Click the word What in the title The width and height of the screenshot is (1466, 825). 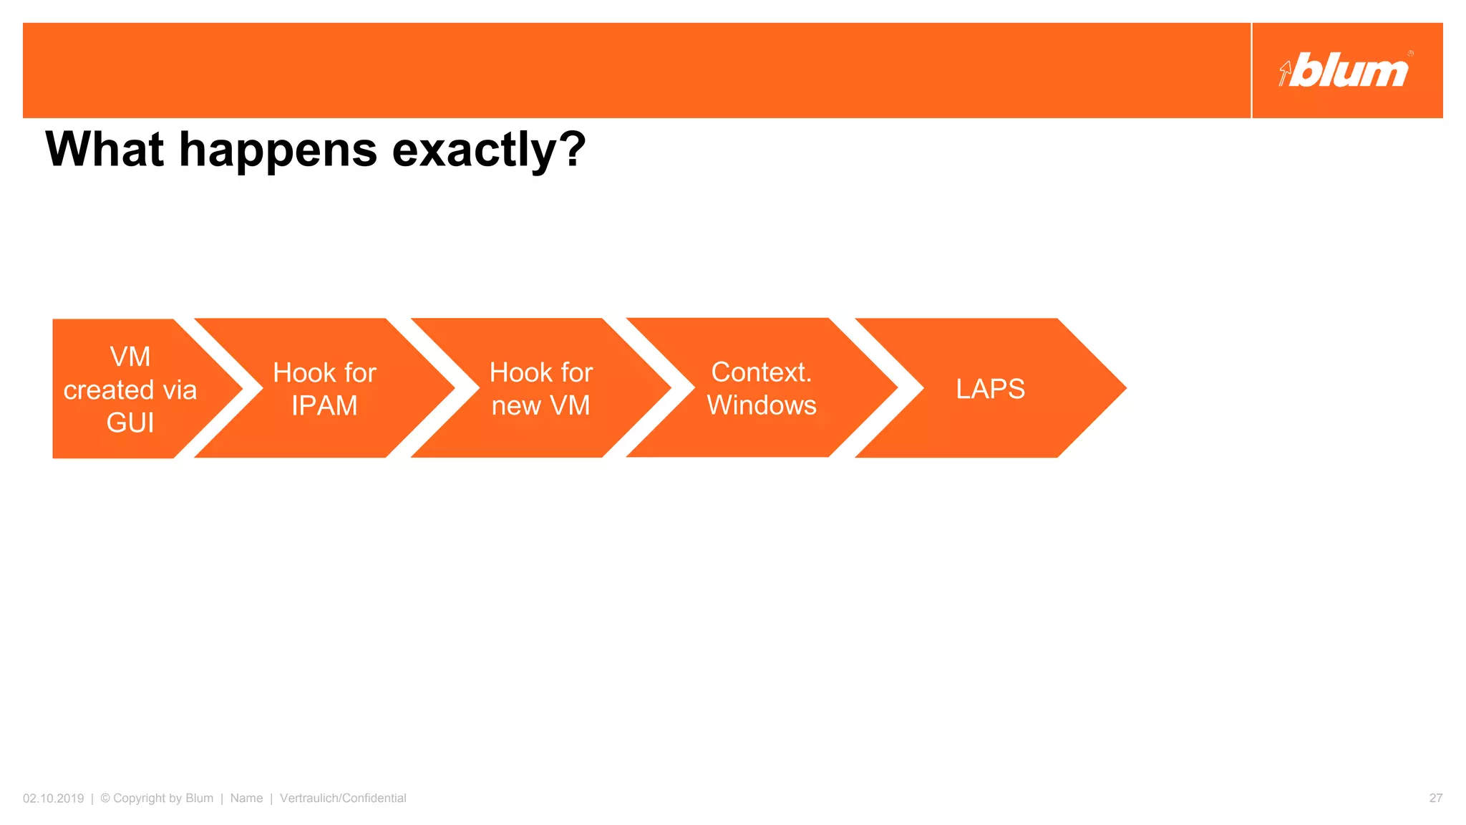(105, 150)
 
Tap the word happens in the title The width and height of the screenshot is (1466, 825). (278, 150)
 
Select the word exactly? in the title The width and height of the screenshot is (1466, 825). (489, 150)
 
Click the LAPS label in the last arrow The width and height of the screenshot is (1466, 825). (990, 389)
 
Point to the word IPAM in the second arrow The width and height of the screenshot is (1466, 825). (324, 406)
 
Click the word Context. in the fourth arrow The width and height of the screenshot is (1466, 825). (761, 372)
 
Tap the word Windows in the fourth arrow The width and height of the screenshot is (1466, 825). (761, 405)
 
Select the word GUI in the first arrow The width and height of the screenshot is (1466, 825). (130, 423)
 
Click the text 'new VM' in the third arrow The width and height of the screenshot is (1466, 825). (540, 406)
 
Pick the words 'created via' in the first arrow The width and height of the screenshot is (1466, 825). (130, 390)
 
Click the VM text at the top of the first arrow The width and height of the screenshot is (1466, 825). (130, 357)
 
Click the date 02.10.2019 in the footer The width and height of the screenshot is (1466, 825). (53, 798)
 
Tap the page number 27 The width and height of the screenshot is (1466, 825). (1435, 798)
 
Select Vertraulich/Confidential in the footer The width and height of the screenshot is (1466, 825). (343, 798)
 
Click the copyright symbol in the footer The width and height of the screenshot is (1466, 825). (105, 798)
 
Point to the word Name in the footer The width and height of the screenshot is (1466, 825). (246, 798)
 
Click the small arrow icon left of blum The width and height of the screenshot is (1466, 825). (1285, 72)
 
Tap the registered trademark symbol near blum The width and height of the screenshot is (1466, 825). (1410, 54)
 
